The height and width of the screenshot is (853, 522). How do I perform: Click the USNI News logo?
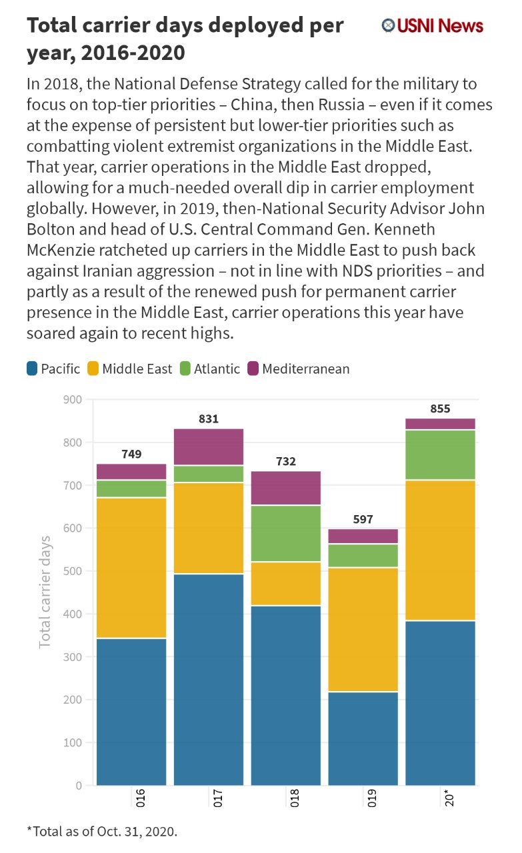tap(432, 25)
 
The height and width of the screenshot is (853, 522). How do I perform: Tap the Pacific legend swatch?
tap(32, 369)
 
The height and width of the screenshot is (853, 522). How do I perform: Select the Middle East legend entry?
tap(130, 369)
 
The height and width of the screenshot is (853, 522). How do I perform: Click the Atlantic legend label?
tap(217, 369)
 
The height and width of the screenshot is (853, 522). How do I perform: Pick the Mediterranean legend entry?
tap(299, 369)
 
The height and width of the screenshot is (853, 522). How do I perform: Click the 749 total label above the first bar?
tap(131, 454)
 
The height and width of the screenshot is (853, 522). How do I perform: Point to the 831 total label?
tap(209, 419)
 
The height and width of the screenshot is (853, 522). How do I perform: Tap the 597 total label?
tap(363, 519)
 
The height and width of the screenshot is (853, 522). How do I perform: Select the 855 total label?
tap(440, 409)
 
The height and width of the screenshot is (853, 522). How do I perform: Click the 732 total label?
tap(286, 461)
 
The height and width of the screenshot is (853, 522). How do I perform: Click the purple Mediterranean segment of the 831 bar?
tap(209, 447)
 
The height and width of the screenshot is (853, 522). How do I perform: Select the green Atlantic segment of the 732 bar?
tap(286, 534)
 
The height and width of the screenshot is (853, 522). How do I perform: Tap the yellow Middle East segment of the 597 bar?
tap(363, 630)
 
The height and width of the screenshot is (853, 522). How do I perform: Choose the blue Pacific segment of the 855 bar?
tap(440, 703)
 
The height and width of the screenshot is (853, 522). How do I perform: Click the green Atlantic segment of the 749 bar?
tap(131, 488)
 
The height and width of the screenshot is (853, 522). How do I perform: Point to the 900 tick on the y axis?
tap(73, 399)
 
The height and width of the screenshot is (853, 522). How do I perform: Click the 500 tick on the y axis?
tap(73, 571)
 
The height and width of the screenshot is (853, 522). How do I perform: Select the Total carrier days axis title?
tap(45, 592)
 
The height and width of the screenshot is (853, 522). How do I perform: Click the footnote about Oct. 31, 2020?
tap(102, 831)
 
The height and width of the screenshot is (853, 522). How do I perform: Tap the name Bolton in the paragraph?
tap(50, 229)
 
